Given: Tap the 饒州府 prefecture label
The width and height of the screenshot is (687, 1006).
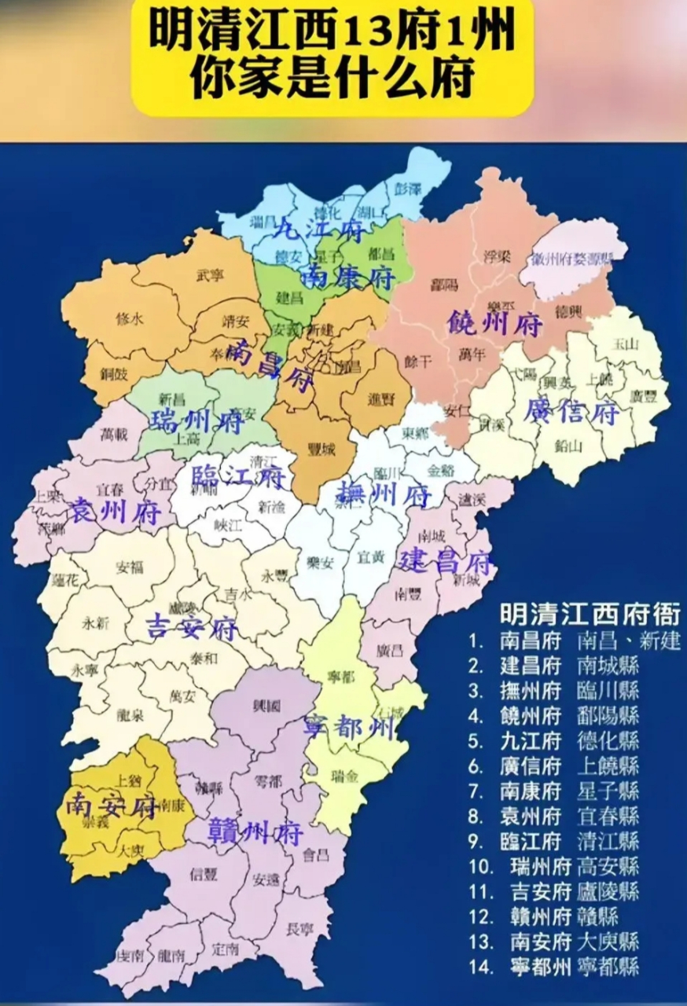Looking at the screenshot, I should [494, 323].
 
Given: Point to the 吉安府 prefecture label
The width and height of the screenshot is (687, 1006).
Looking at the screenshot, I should [193, 629].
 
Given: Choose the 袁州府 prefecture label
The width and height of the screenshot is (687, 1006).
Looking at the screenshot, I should [116, 512].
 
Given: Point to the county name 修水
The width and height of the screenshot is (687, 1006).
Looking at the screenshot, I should [129, 320].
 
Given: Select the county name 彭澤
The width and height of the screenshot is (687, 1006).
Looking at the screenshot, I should [408, 189].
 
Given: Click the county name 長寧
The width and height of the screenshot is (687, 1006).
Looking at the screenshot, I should [299, 930].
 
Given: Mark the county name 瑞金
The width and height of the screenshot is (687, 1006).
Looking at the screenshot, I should [345, 777].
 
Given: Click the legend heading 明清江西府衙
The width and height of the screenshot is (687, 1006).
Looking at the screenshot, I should [590, 614].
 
